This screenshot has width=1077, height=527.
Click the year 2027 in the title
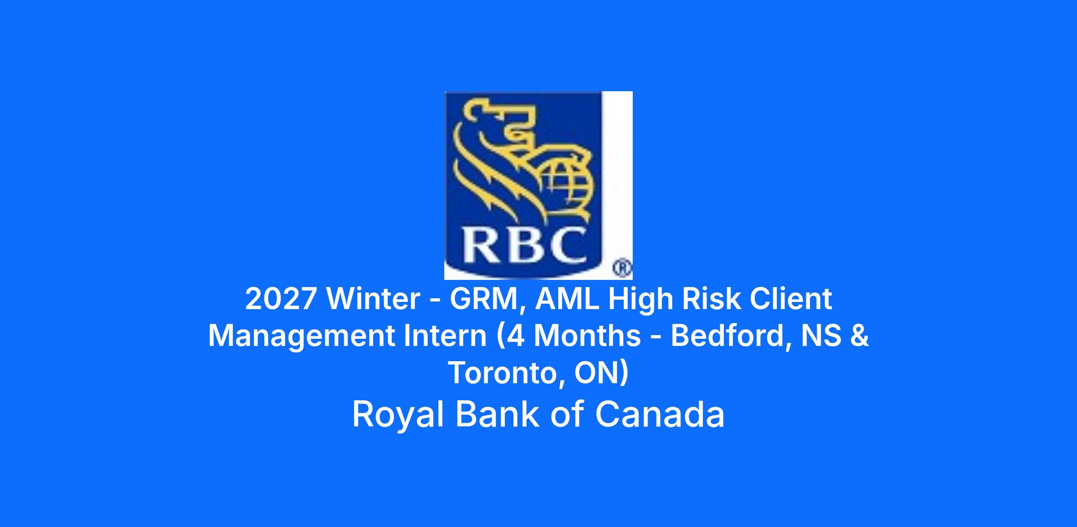click(280, 299)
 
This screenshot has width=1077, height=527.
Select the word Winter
click(373, 299)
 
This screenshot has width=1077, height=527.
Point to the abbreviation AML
click(567, 299)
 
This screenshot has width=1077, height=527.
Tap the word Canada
click(660, 414)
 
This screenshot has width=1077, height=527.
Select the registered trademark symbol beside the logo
click(623, 269)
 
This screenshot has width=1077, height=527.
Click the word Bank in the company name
click(497, 414)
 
